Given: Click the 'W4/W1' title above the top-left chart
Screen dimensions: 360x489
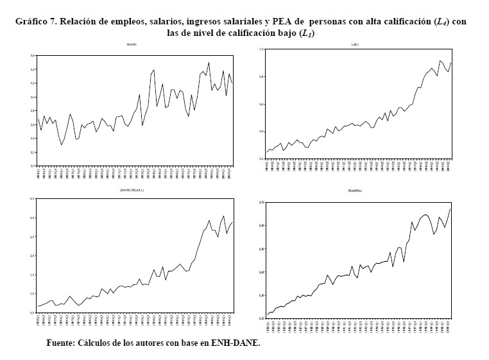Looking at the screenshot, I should click(x=133, y=44).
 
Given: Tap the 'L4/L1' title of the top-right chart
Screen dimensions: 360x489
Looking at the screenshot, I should click(x=355, y=44).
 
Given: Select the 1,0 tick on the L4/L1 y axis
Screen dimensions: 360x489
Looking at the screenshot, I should click(x=262, y=49).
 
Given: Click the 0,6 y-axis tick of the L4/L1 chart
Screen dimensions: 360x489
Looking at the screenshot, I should click(x=262, y=104).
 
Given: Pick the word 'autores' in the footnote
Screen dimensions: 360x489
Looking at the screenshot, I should click(x=155, y=343).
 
